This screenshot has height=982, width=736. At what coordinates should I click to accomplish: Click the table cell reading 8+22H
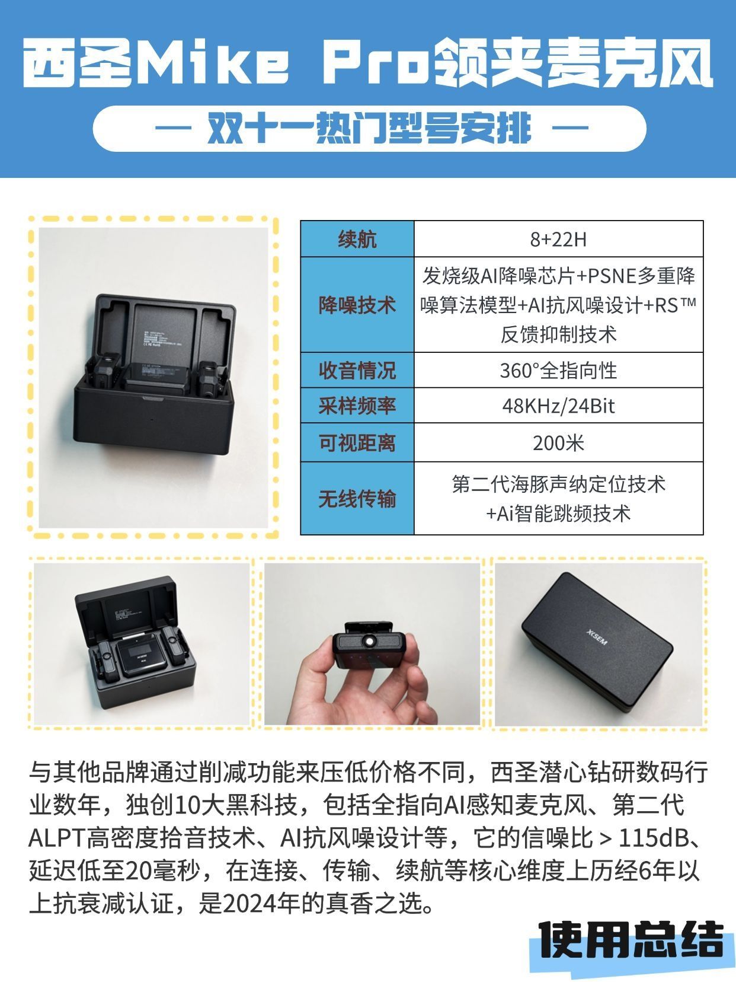coord(558,239)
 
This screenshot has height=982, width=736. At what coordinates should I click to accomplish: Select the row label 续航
coord(357,239)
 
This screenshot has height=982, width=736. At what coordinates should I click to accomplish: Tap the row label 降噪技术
coord(357,305)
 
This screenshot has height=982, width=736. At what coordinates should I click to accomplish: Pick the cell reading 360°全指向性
coord(558,370)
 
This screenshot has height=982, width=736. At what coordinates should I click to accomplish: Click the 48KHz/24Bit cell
coord(558,406)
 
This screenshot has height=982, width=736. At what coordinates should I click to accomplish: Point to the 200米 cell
coord(558,442)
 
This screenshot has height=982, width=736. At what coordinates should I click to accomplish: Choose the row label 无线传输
coord(357,498)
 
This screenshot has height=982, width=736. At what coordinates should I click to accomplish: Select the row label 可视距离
coord(357,442)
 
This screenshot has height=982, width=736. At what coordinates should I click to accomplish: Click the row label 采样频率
coord(357,406)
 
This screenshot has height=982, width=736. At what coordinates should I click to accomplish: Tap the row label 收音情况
coord(357,370)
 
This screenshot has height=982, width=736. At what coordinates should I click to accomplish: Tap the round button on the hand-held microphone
coord(369,640)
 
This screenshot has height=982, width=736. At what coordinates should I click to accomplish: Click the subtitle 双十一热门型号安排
coord(369,129)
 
